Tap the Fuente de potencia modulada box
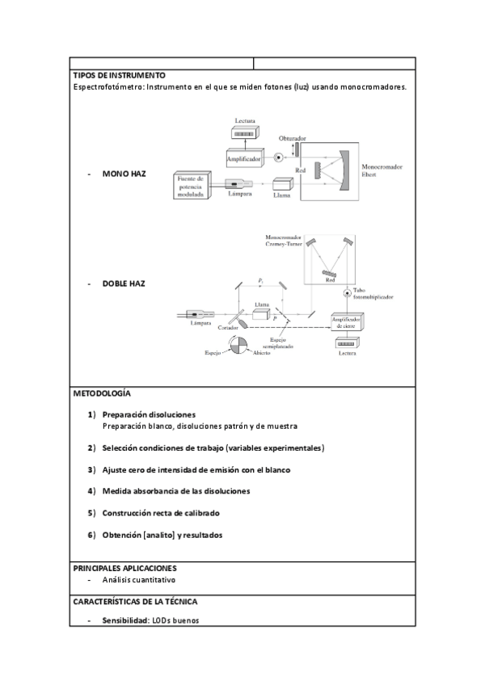pyautogui.click(x=192, y=184)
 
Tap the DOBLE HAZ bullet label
pyautogui.click(x=124, y=284)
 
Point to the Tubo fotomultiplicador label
pyautogui.click(x=371, y=294)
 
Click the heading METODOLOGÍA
pyautogui.click(x=101, y=393)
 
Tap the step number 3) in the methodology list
pyautogui.click(x=93, y=469)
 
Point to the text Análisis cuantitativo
pyautogui.click(x=138, y=580)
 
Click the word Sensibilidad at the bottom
pyautogui.click(x=124, y=620)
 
